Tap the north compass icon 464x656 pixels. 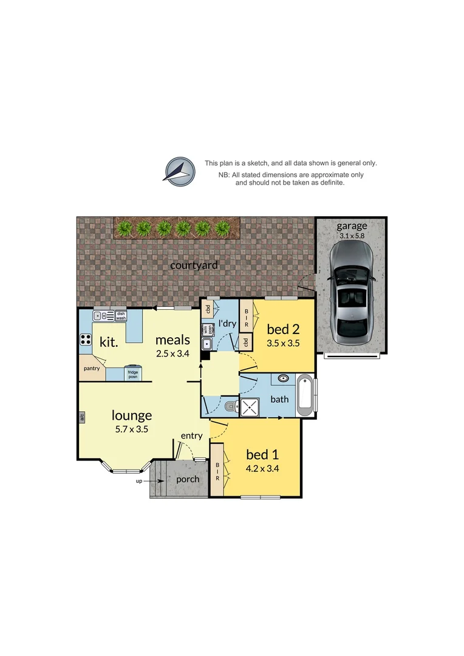179,169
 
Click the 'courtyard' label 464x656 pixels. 194,265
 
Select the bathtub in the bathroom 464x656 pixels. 305,396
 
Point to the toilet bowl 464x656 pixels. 230,406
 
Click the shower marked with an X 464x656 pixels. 250,407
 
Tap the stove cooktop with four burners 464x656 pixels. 86,340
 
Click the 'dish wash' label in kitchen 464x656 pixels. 121,316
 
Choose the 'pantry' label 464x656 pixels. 91,368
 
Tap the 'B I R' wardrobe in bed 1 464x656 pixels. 217,471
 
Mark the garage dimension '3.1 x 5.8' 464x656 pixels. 352,235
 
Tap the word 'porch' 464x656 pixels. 188,479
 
